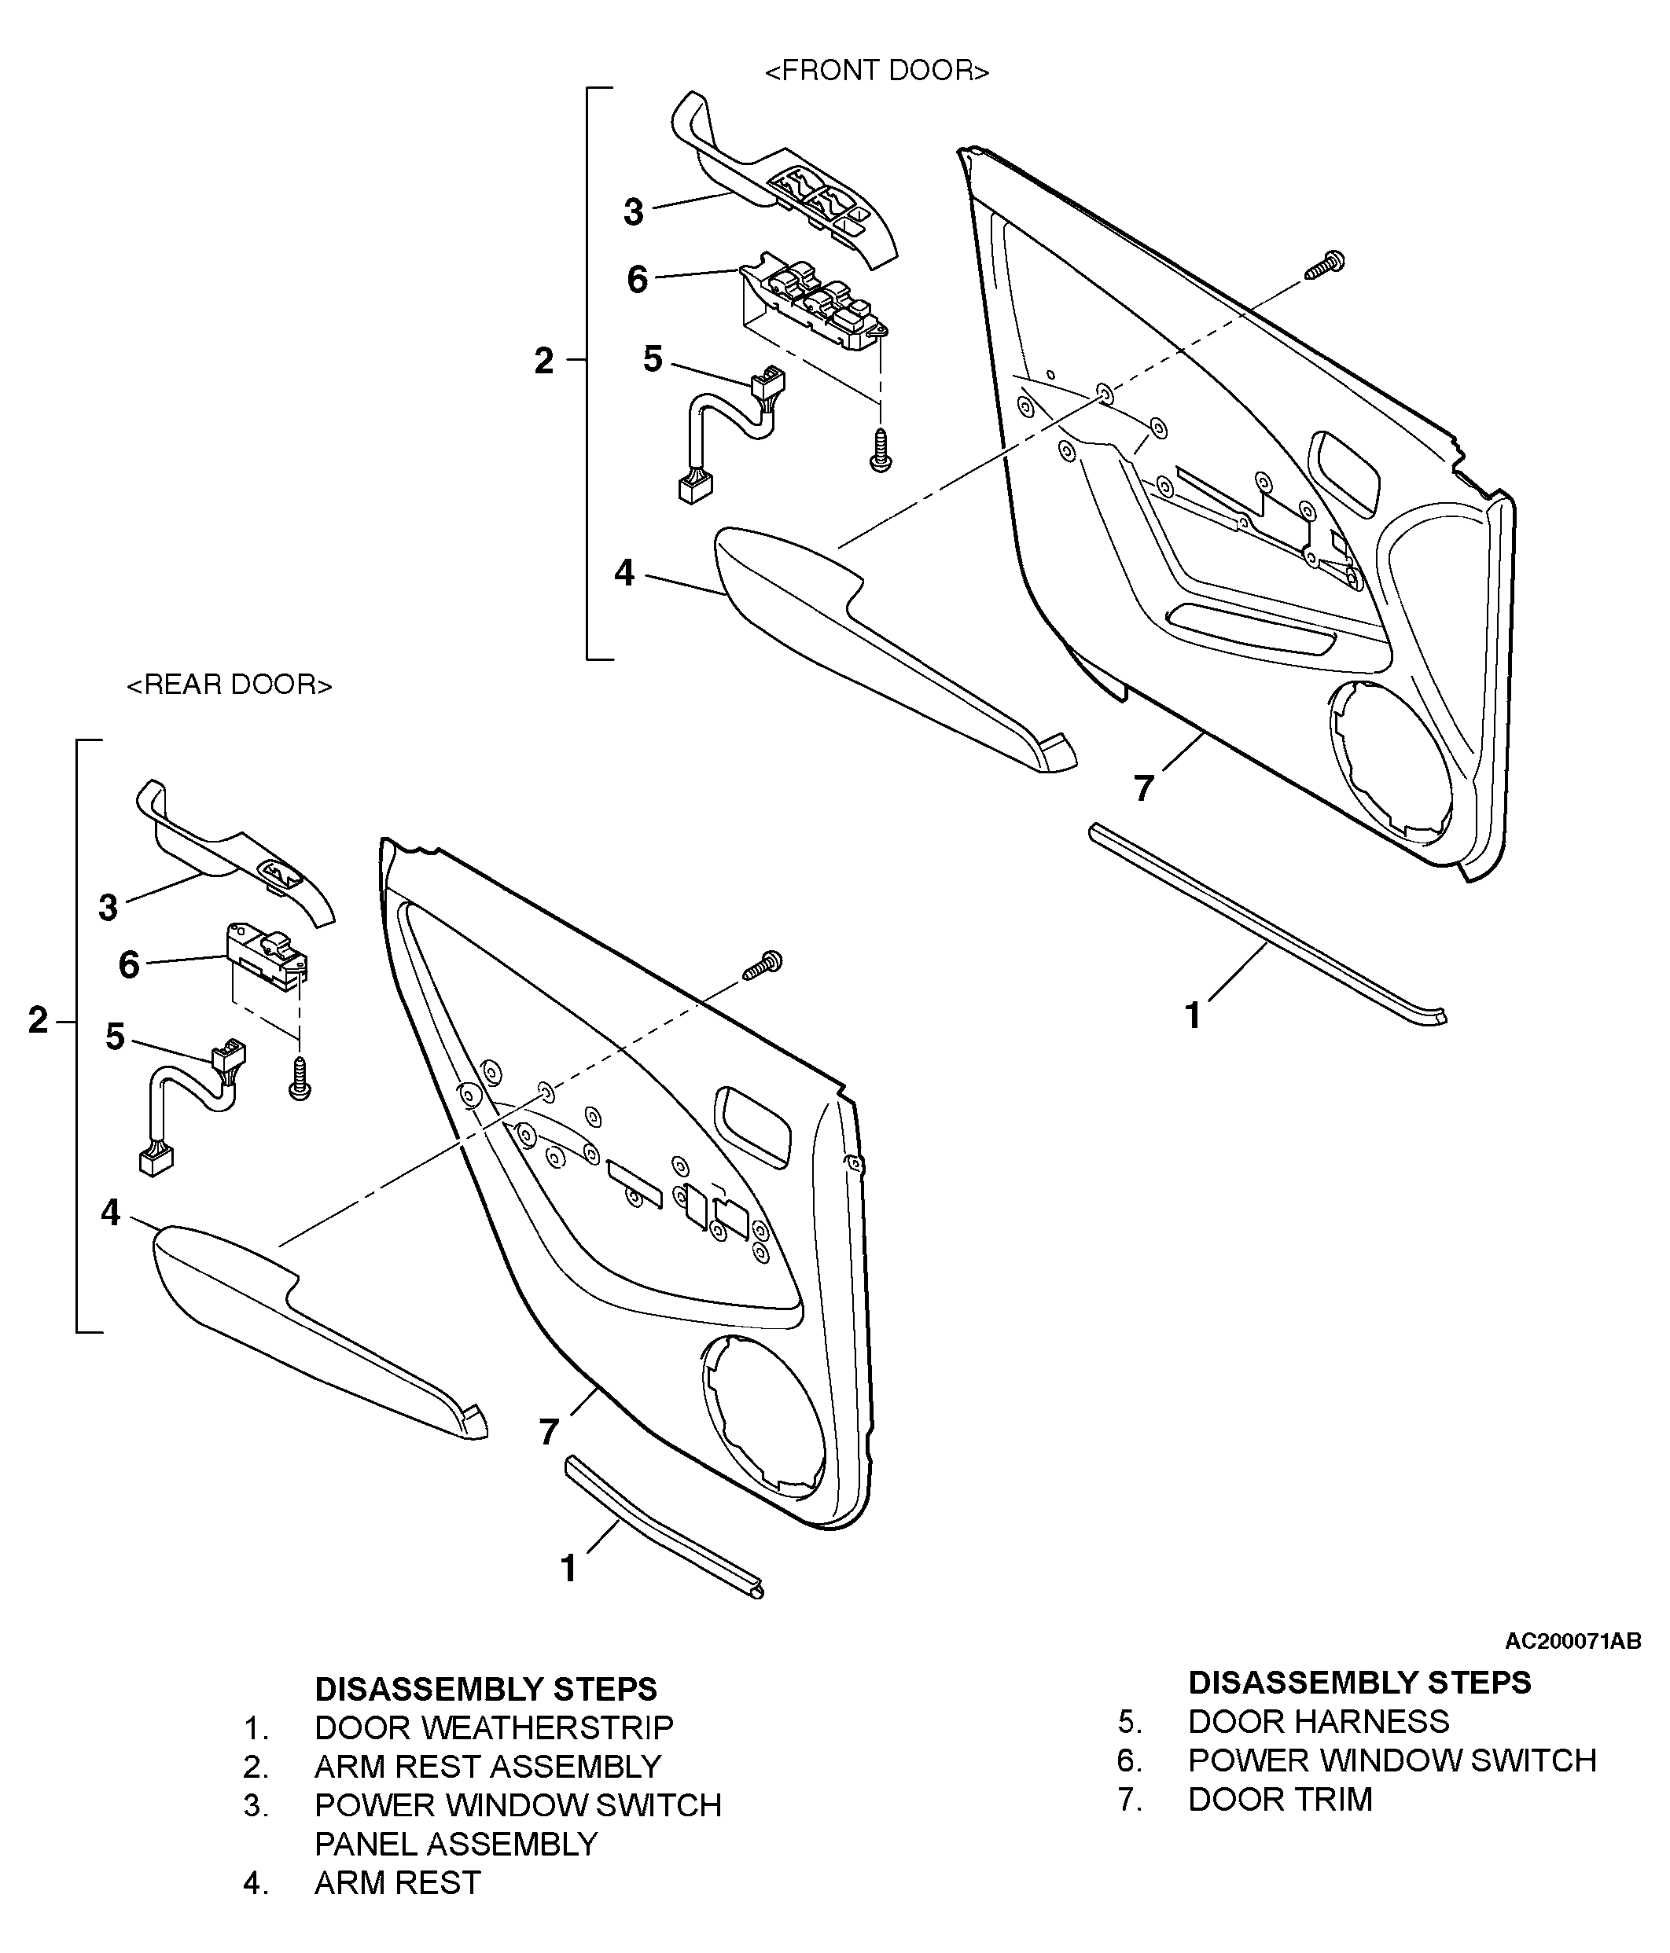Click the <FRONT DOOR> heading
point(876,71)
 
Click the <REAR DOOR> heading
point(229,685)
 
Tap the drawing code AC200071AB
point(1573,1641)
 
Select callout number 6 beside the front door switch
point(638,279)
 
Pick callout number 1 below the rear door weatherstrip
point(568,1569)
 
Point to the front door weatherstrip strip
point(1267,923)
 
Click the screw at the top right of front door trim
point(1325,265)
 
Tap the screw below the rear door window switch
point(300,1078)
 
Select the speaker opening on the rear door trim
point(763,1415)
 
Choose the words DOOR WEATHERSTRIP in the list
point(494,1727)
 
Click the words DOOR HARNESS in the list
point(1319,1721)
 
